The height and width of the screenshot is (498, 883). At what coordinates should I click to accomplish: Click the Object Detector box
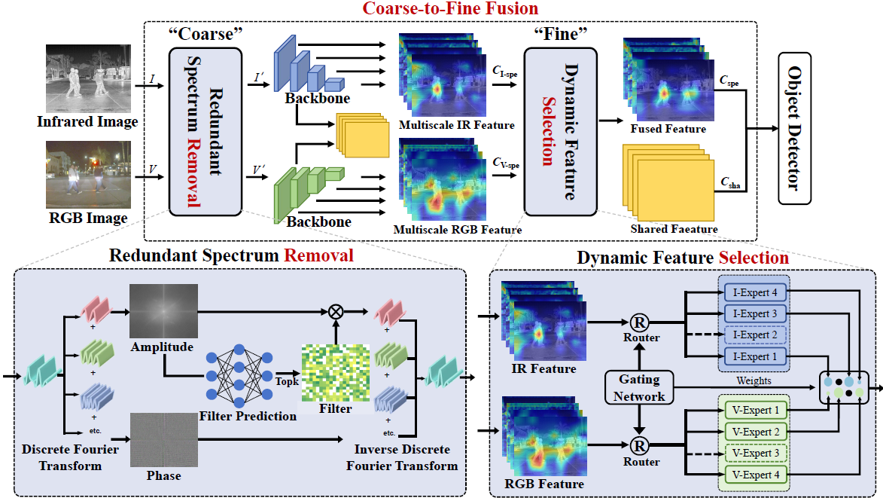coord(794,128)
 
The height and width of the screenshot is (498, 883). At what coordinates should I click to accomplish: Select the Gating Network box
coord(638,387)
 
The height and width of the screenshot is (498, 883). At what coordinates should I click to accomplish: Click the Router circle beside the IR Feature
coord(639,322)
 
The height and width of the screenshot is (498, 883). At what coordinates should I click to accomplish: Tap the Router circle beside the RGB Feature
coord(639,445)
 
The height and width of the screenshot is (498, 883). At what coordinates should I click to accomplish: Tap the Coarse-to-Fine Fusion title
coord(450,9)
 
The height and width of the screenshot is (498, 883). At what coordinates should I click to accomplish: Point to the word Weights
coord(754,381)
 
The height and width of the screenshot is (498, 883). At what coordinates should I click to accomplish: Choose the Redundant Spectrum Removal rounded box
coord(206,131)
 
